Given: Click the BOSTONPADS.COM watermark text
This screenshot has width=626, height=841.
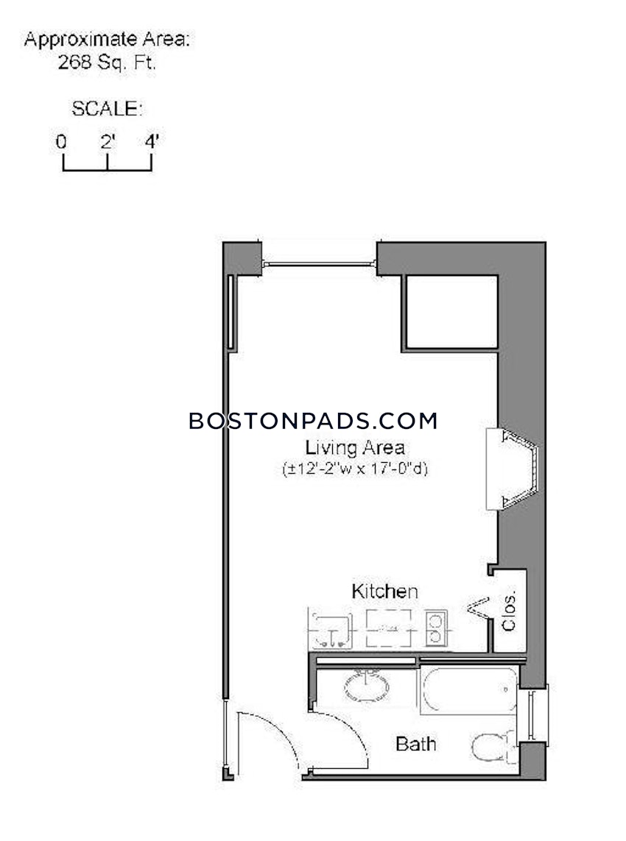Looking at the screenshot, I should (313, 421).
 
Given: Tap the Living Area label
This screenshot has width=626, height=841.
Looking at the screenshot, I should (355, 447).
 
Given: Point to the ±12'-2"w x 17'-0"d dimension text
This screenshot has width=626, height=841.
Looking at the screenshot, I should (355, 468).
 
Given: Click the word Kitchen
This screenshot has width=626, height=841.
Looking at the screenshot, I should (384, 591).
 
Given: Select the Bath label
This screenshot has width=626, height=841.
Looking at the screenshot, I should (416, 743).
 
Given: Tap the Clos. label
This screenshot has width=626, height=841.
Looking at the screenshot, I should (510, 611).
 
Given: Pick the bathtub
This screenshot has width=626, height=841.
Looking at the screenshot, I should (469, 689).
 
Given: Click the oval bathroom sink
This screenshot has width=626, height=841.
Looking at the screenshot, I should (366, 687).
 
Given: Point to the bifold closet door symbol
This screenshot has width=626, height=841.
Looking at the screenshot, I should (479, 608).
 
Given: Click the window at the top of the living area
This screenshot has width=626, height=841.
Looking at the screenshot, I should (319, 263).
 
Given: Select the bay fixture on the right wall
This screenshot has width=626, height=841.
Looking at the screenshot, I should (514, 469).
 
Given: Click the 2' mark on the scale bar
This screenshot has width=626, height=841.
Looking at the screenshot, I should (108, 142).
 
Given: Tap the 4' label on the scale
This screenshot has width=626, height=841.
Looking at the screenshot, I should (152, 141).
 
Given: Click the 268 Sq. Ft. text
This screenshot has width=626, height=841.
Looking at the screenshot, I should (108, 63).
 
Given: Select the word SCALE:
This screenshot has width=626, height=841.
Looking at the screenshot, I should (107, 110).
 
